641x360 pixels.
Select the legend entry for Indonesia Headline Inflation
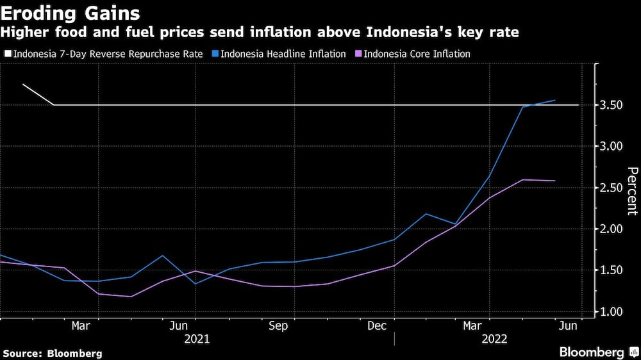(x=283, y=54)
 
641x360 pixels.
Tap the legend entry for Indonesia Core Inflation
(x=417, y=54)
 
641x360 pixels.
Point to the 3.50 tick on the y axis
(x=612, y=105)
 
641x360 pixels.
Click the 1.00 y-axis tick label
(x=612, y=312)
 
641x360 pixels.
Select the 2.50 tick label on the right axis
(x=612, y=188)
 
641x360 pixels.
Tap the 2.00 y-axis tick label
(x=612, y=229)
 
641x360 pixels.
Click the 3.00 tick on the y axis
(x=612, y=146)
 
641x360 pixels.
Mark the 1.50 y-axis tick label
(x=612, y=270)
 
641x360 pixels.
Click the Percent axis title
(x=631, y=191)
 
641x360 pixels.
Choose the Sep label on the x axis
(x=278, y=326)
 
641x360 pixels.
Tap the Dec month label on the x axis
(x=376, y=326)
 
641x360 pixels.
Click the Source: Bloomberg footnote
(x=53, y=353)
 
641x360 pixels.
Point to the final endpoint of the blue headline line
(x=555, y=100)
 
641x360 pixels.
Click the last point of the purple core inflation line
(x=555, y=181)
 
